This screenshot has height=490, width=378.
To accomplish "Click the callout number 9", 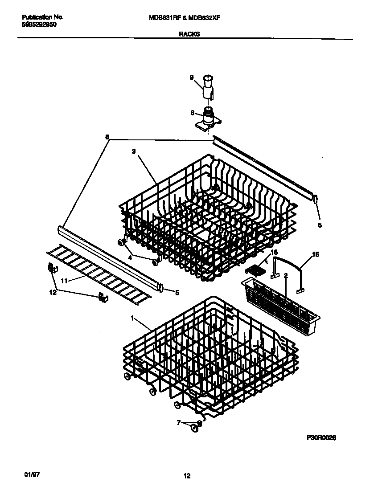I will tap(191, 78).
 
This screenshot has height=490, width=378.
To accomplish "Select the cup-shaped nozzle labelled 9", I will tap(208, 87).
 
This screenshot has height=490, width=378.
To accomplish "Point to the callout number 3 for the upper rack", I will tap(134, 151).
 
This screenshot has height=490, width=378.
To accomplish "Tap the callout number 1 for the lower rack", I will tap(132, 318).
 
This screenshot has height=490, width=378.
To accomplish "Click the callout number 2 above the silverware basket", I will tap(286, 276).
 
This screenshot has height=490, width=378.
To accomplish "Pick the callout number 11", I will tap(64, 281).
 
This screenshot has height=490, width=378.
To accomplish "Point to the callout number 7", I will tap(179, 422).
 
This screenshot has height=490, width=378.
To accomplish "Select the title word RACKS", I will tap(189, 33).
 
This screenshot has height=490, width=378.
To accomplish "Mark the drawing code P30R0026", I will tap(320, 438).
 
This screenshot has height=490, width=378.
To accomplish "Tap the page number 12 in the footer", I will tap(187, 476).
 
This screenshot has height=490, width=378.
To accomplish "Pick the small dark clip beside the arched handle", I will tap(253, 269).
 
